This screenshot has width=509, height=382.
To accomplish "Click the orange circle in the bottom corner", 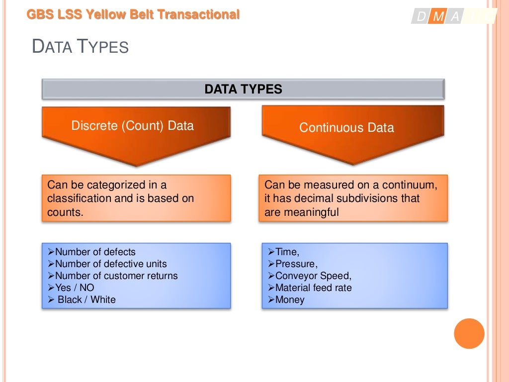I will click(x=469, y=333).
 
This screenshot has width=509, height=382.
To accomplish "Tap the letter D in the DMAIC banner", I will click(x=422, y=17).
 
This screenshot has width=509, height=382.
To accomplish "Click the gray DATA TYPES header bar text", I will click(x=243, y=90).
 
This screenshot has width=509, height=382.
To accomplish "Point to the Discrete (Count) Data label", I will click(x=132, y=125).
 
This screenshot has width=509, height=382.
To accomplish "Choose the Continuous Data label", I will click(x=346, y=128).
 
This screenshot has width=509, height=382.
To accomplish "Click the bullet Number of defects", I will click(x=95, y=252).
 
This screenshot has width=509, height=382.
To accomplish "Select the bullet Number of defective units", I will click(x=111, y=264).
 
